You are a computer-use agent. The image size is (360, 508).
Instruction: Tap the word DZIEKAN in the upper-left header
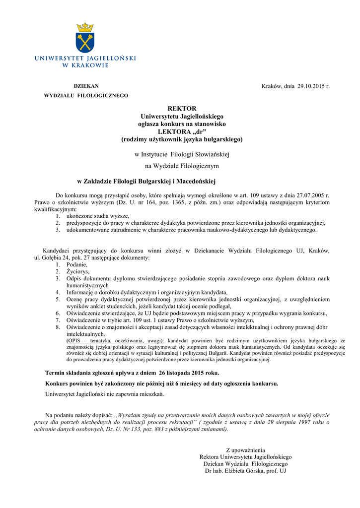[86, 86]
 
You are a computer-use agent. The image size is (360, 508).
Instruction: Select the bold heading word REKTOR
[182, 108]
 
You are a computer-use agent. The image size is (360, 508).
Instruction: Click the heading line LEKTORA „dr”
[182, 131]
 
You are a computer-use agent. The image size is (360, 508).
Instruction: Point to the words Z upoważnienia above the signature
[245, 450]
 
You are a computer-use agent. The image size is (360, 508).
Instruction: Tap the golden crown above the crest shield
[85, 27]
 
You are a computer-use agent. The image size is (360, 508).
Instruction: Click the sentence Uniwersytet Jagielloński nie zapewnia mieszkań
[104, 394]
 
